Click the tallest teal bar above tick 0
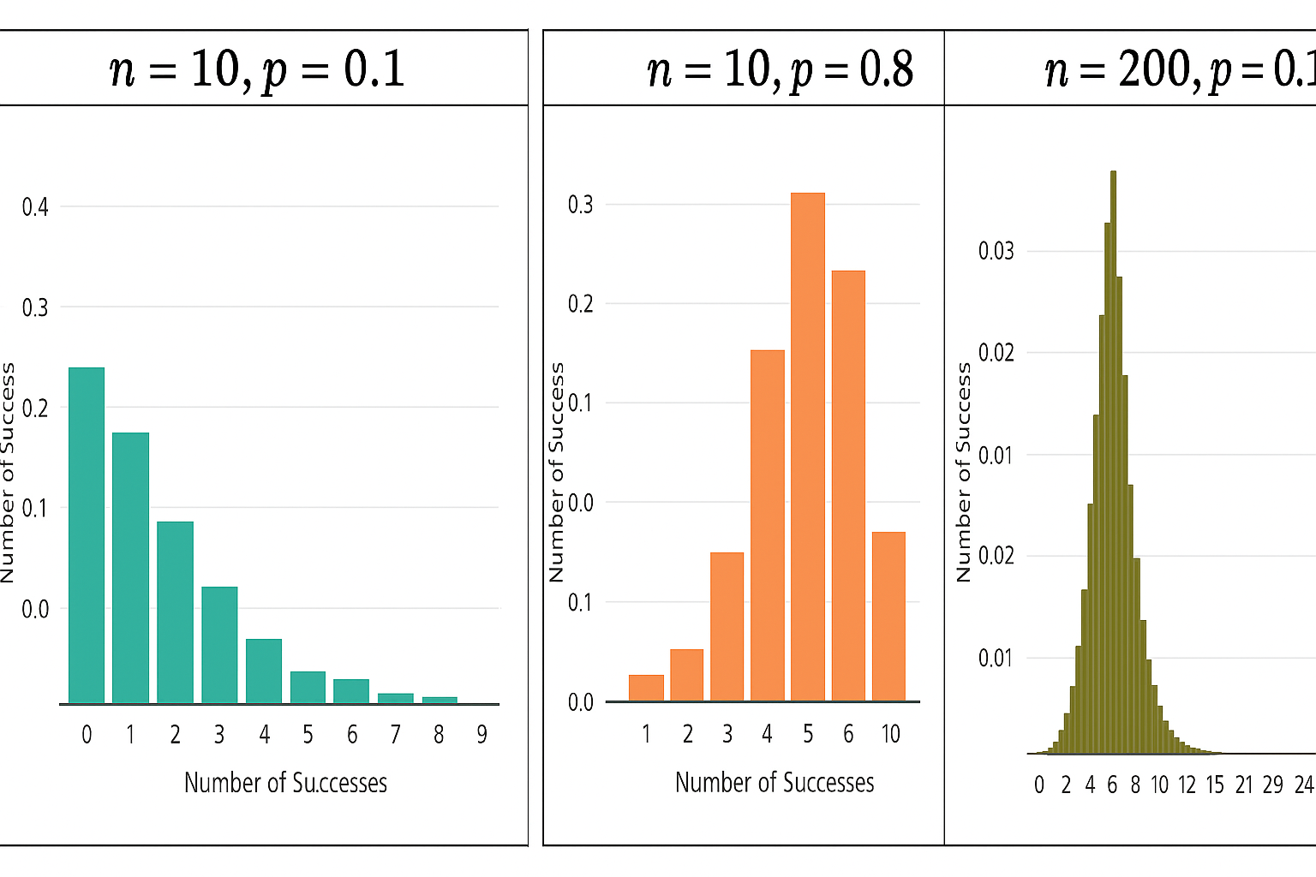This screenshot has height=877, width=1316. click(87, 535)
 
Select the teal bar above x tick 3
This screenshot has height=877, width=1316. click(219, 645)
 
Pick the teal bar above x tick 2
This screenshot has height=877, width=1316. click(175, 612)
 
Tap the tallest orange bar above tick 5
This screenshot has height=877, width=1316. click(808, 447)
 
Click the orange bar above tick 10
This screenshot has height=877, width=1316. click(888, 617)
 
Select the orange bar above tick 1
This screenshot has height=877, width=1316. click(646, 688)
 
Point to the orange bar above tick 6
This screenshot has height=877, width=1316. click(848, 486)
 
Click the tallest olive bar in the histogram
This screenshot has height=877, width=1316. click(1113, 462)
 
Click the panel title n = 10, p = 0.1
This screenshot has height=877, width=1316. click(257, 69)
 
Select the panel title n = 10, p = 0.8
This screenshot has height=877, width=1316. click(780, 69)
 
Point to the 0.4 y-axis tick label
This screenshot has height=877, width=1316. click(35, 206)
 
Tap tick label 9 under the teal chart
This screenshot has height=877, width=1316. click(482, 735)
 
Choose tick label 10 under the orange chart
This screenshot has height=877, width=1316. click(890, 734)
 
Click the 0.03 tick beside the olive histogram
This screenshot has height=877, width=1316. click(996, 251)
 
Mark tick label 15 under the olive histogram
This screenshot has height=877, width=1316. click(1215, 785)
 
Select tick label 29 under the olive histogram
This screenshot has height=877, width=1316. click(1272, 785)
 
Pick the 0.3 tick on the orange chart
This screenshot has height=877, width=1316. click(580, 205)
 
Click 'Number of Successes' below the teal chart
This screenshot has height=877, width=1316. click(285, 783)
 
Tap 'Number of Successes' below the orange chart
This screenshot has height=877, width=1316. click(775, 783)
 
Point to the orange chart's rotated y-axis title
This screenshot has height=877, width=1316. click(557, 472)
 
